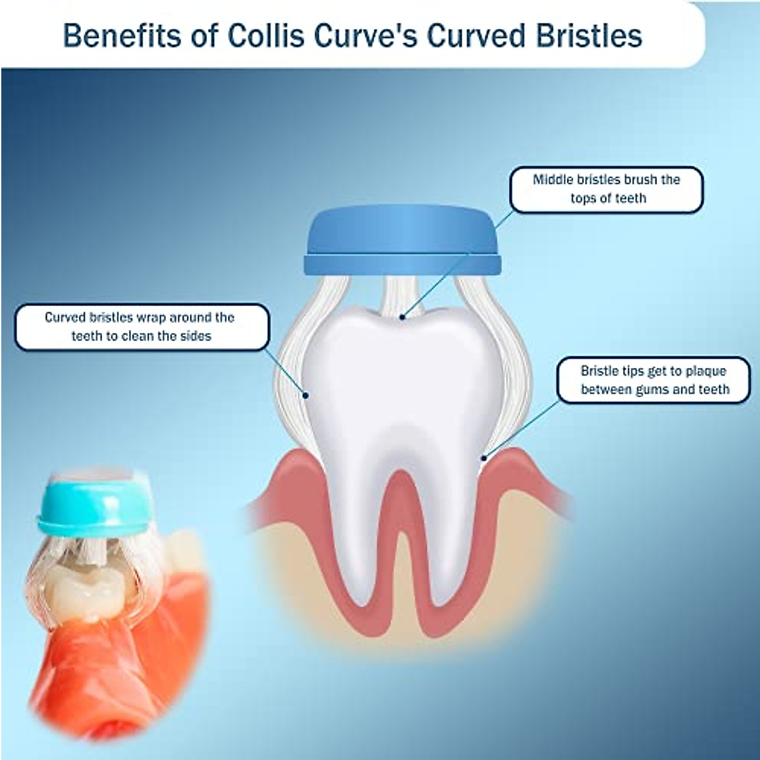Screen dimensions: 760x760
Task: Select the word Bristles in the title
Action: [x=589, y=36]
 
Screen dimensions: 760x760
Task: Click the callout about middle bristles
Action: [x=606, y=189]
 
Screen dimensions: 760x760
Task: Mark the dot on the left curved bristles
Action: [x=305, y=395]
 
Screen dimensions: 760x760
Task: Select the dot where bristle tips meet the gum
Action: [x=484, y=457]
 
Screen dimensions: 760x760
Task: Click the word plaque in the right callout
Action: [x=698, y=371]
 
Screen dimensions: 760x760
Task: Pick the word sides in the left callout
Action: [x=194, y=336]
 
